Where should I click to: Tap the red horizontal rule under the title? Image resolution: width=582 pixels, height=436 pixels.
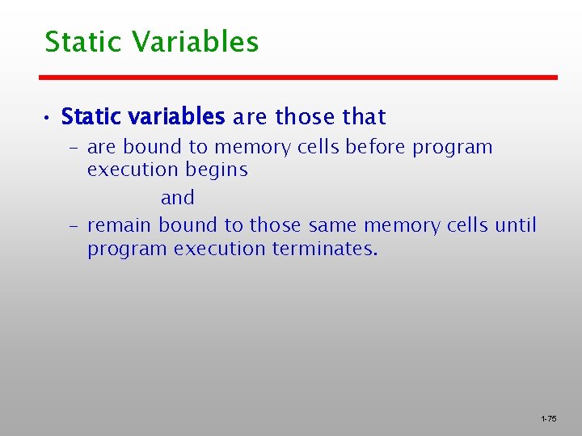pyautogui.click(x=298, y=78)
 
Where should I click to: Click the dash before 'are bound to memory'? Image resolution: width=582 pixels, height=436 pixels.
pyautogui.click(x=72, y=148)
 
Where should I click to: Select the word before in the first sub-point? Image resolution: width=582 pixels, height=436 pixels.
pyautogui.click(x=377, y=147)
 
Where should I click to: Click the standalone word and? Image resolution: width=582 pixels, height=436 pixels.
pyautogui.click(x=178, y=198)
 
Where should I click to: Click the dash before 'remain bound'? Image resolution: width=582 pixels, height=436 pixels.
pyautogui.click(x=72, y=225)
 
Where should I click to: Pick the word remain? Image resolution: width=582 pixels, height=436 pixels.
pyautogui.click(x=120, y=225)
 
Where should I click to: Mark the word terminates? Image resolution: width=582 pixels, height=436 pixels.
pyautogui.click(x=324, y=249)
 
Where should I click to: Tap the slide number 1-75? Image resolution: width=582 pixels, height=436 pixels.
pyautogui.click(x=548, y=419)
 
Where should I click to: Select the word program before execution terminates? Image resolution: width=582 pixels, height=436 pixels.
pyautogui.click(x=128, y=249)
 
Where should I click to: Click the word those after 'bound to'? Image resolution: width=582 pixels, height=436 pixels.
pyautogui.click(x=276, y=225)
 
